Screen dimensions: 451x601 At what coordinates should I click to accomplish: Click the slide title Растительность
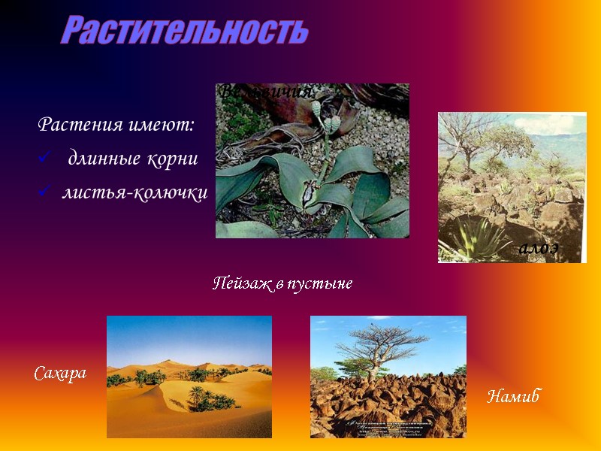[x=184, y=31]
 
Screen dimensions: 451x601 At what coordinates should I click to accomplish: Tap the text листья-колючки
[x=134, y=192]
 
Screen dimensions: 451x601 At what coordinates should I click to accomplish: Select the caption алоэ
[x=539, y=250]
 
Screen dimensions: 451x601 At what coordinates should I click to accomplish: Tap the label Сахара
[x=60, y=373]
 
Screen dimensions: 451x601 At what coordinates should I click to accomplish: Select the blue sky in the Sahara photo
[x=188, y=334]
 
